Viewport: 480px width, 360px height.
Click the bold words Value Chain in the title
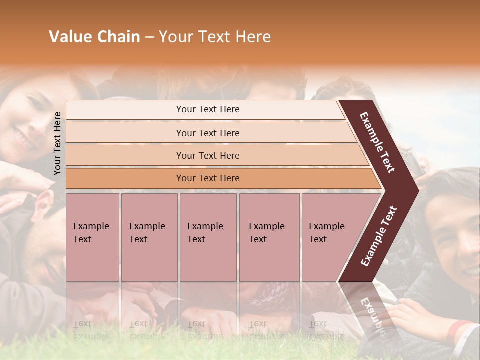pyautogui.click(x=94, y=37)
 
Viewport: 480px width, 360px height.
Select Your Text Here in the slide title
pyautogui.click(x=215, y=37)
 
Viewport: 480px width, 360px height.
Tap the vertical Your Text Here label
pyautogui.click(x=57, y=143)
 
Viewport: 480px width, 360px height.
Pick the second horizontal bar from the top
pyautogui.click(x=208, y=133)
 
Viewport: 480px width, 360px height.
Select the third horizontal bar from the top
pyautogui.click(x=208, y=155)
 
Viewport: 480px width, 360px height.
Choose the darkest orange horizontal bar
pyautogui.click(x=208, y=178)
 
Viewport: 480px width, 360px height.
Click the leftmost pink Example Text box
pyautogui.click(x=92, y=237)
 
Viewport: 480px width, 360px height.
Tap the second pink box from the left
pyautogui.click(x=149, y=237)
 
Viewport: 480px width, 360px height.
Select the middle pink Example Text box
pyautogui.click(x=208, y=237)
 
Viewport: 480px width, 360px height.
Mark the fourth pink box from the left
pyautogui.click(x=269, y=237)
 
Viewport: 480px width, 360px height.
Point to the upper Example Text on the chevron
pyautogui.click(x=378, y=142)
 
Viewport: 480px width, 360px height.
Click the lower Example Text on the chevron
pyautogui.click(x=379, y=236)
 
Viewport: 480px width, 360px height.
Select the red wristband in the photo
pyautogui.click(x=459, y=328)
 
